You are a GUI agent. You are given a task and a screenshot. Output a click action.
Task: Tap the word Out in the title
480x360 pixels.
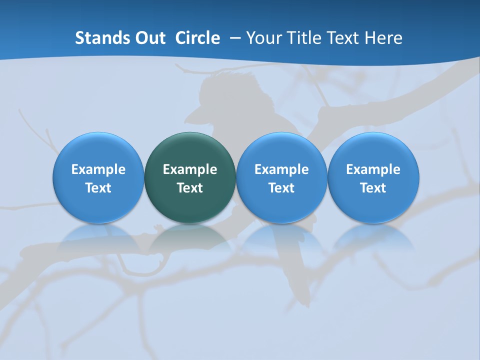tap(150, 38)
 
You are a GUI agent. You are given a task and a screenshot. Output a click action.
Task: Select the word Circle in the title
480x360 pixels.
tap(197, 38)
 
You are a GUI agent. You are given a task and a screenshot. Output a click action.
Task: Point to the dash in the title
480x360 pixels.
tap(234, 38)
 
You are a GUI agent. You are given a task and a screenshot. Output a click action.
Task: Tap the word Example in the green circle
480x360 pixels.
tap(190, 169)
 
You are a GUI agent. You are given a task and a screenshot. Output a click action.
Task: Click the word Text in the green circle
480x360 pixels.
tap(190, 188)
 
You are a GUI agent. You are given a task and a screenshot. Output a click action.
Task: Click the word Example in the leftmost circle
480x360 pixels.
tap(98, 169)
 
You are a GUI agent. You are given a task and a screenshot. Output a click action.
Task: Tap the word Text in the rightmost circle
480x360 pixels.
tap(373, 188)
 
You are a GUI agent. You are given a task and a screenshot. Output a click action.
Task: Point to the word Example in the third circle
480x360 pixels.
tap(281, 169)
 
